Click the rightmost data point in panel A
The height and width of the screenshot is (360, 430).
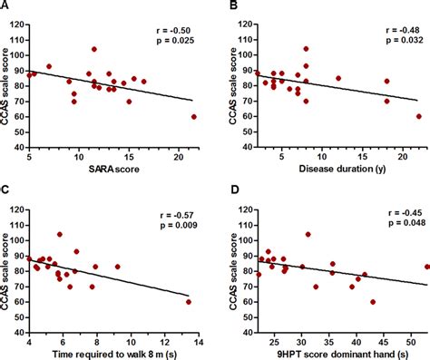point(194,117)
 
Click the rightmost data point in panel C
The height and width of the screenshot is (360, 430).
point(189,302)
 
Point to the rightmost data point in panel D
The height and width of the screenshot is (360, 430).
point(426,268)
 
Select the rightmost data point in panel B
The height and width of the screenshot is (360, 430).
point(419,117)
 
